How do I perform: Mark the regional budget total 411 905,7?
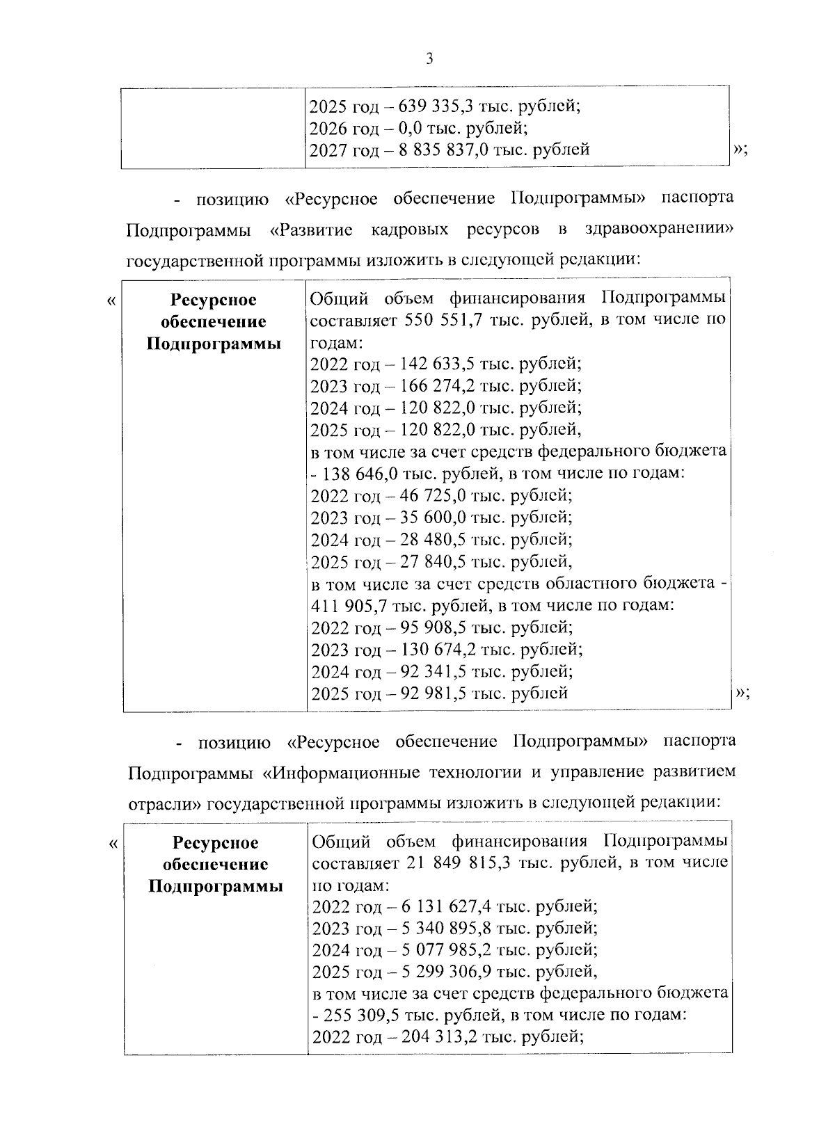tap(347, 605)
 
